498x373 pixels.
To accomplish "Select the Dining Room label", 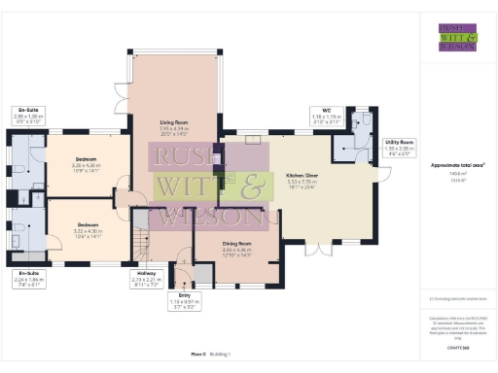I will click(x=237, y=248).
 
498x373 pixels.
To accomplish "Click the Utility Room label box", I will click(x=400, y=146).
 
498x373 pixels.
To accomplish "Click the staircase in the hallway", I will click(x=142, y=248).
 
